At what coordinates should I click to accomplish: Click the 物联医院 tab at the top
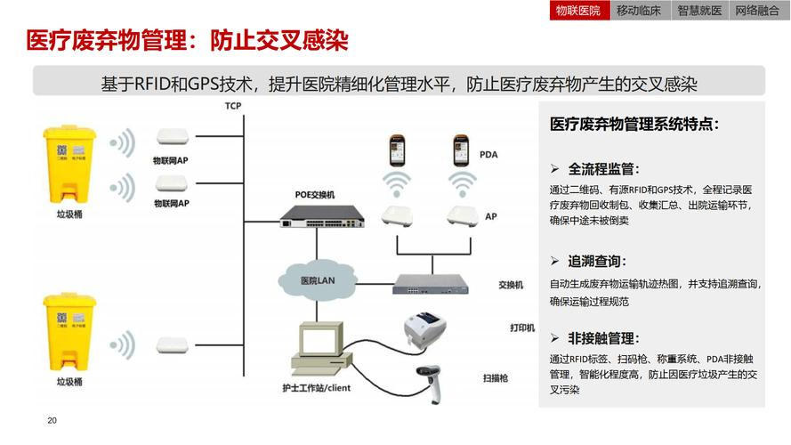click(578, 11)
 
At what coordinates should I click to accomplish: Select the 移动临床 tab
click(639, 11)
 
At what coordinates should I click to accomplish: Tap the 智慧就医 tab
click(699, 11)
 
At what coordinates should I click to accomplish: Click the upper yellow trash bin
click(69, 166)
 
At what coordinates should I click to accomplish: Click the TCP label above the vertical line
click(233, 106)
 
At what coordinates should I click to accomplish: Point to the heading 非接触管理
click(602, 338)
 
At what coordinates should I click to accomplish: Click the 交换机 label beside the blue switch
click(511, 285)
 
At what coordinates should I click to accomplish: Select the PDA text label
click(488, 154)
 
